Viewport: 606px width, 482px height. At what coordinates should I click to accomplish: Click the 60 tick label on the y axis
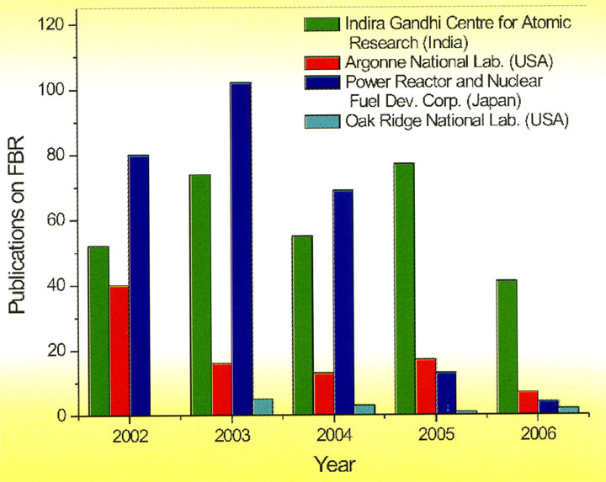click(x=58, y=221)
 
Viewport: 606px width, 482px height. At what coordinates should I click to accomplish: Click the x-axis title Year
click(x=334, y=463)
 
